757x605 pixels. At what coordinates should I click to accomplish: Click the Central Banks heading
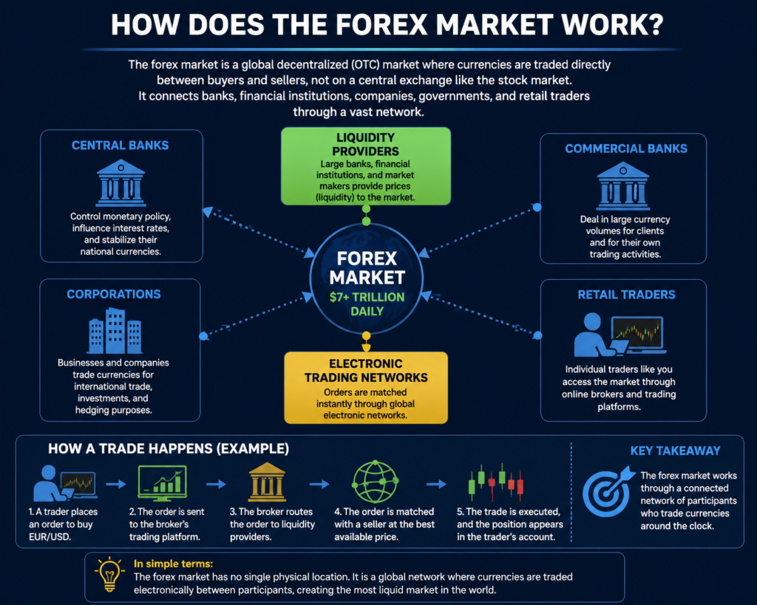click(120, 146)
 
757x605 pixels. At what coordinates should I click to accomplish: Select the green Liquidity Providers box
click(366, 166)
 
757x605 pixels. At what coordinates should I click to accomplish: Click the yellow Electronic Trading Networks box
click(366, 388)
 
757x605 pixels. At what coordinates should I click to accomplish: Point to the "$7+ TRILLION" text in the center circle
click(367, 297)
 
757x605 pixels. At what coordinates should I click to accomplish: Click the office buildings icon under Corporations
click(115, 331)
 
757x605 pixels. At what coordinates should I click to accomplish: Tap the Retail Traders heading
click(627, 295)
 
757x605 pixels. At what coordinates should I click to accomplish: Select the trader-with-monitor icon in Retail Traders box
click(620, 335)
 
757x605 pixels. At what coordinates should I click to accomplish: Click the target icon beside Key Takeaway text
click(608, 491)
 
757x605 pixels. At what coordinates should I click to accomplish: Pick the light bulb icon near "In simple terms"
click(109, 574)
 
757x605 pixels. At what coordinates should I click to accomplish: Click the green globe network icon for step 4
click(375, 482)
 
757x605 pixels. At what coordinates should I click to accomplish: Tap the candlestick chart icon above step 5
click(496, 482)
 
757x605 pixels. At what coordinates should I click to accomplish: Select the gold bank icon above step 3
click(267, 482)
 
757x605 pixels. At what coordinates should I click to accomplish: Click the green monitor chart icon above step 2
click(162, 483)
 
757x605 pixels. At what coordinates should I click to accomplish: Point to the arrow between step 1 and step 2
click(116, 484)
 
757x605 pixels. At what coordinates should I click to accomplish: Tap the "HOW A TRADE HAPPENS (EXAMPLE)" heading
click(169, 448)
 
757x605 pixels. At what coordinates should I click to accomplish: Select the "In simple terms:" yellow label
click(173, 564)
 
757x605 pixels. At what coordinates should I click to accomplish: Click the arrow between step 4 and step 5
click(436, 484)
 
